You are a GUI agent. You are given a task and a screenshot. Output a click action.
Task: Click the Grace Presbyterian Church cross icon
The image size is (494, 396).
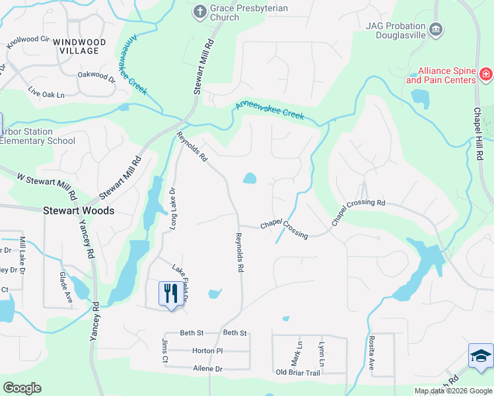pos(199,11)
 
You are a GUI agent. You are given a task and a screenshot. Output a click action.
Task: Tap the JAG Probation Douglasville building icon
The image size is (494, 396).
pos(435,29)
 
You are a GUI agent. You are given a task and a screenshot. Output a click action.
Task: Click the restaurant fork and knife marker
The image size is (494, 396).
pos(171,293)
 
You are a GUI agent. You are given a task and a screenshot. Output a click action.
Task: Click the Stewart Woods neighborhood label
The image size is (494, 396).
pos(79,211)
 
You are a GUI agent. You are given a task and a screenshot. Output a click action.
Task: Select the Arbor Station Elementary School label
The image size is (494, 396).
pos(38,136)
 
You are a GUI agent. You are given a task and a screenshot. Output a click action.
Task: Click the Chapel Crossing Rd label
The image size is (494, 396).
pos(358,212)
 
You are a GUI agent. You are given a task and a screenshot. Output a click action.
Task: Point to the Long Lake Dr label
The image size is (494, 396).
pos(174,207)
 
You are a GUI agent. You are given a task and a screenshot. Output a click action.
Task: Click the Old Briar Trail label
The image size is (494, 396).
pos(298,374)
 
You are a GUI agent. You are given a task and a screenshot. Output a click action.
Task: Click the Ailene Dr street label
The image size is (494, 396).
pos(207,369)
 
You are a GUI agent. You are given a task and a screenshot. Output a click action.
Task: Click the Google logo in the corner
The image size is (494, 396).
pos(22,388)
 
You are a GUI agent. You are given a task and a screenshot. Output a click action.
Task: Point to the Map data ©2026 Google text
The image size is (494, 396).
pos(452,391)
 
